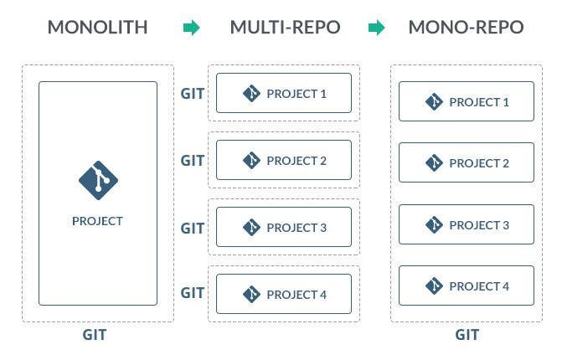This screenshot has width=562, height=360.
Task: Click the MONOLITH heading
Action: click(x=97, y=28)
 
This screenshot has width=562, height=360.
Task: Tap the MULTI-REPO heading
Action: click(x=285, y=28)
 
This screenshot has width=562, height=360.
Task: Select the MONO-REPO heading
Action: click(x=466, y=28)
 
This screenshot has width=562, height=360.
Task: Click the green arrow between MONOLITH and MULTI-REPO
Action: click(x=192, y=28)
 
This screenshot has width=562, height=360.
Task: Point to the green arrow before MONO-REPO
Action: click(x=377, y=28)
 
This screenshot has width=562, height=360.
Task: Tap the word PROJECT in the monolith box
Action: click(x=97, y=221)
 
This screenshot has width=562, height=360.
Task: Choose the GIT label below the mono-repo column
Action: click(x=467, y=335)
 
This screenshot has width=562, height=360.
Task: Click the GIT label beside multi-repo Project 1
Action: click(x=193, y=93)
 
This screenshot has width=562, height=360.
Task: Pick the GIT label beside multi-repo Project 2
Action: click(x=193, y=160)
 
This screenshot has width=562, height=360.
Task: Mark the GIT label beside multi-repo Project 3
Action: click(x=193, y=227)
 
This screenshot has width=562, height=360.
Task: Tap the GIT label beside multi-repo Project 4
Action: click(x=193, y=293)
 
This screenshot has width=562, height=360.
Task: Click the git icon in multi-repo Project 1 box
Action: click(x=251, y=93)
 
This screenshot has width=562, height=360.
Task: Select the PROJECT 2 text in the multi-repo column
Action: click(x=296, y=161)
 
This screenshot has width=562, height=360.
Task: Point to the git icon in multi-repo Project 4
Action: click(x=251, y=294)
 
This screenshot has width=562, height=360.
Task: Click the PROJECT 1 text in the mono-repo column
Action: click(x=479, y=102)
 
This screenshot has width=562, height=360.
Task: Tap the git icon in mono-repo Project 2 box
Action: click(x=434, y=163)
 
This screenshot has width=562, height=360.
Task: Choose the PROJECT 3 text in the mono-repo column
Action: click(x=479, y=225)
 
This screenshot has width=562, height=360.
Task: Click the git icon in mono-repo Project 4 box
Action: click(x=434, y=286)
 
